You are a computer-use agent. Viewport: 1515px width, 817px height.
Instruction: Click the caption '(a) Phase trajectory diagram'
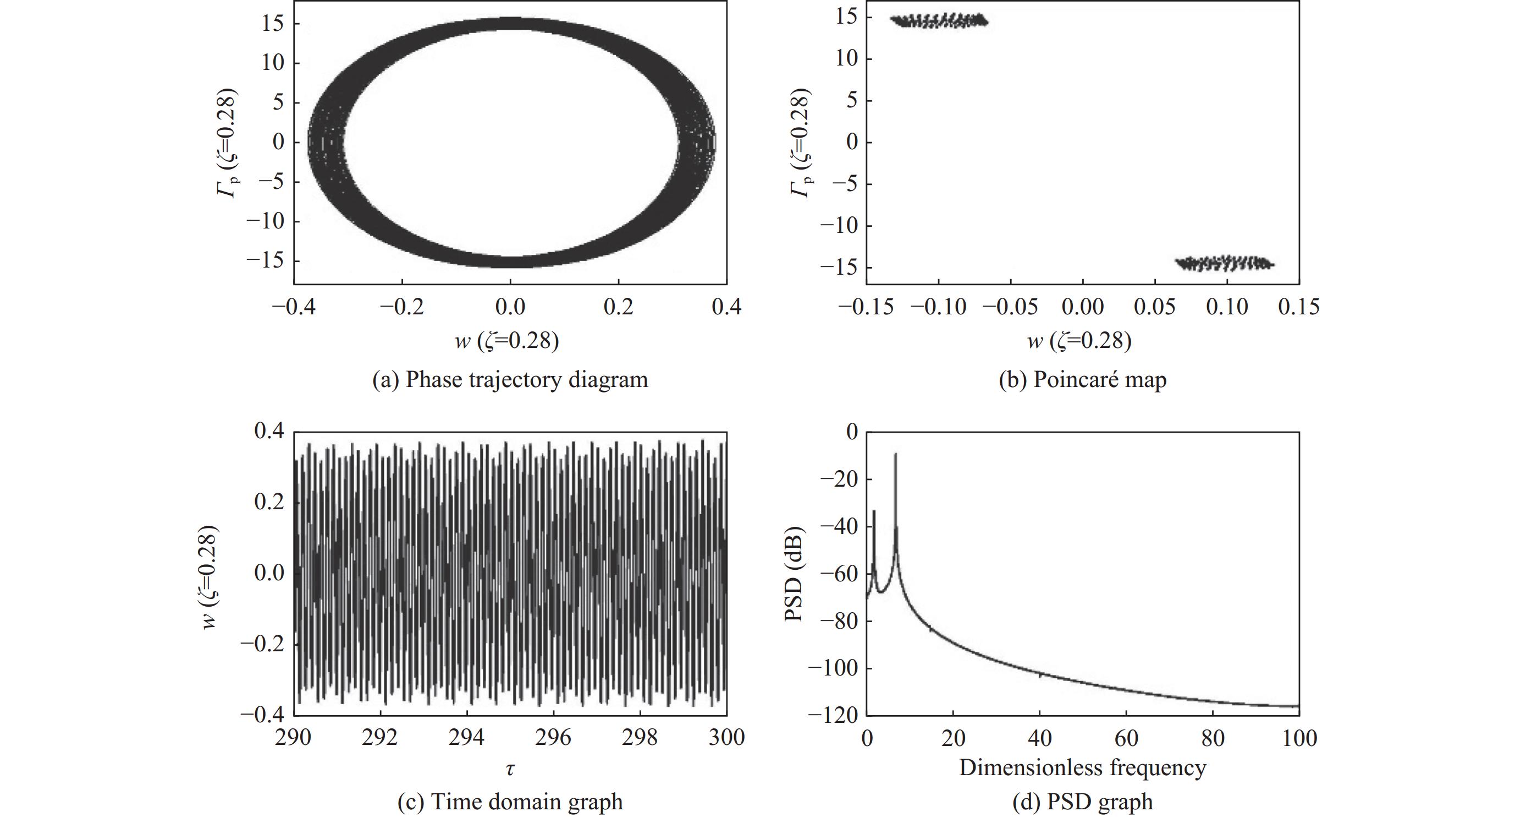click(510, 380)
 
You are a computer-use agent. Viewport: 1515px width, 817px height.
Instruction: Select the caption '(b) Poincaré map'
click(1082, 380)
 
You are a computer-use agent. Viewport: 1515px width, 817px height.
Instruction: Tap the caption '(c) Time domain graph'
click(510, 802)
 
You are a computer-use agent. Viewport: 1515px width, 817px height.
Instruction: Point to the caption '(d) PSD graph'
click(1082, 802)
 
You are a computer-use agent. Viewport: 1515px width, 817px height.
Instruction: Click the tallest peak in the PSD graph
click(896, 454)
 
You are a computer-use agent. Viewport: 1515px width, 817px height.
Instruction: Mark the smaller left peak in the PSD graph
click(874, 512)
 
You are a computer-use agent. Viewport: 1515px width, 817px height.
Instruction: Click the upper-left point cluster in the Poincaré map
click(939, 21)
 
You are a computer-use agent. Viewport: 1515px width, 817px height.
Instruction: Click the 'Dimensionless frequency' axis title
click(1082, 767)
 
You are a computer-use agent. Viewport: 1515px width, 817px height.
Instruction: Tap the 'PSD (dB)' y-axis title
click(794, 573)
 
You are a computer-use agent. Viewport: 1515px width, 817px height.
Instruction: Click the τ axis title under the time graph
click(510, 769)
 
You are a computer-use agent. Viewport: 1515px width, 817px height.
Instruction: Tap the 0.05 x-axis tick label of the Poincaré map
click(1154, 307)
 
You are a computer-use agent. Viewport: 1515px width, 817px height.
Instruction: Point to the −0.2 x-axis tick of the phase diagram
click(401, 307)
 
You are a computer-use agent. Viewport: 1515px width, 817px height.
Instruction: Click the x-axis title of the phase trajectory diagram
click(507, 341)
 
